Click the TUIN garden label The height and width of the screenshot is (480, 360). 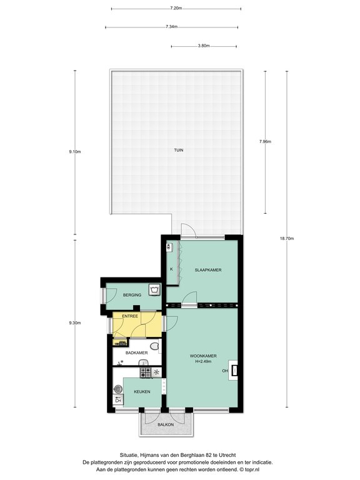coord(179,150)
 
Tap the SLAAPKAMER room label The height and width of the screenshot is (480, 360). coord(208,270)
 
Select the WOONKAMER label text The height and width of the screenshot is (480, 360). coord(203,356)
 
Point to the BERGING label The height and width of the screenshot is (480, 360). coord(132,295)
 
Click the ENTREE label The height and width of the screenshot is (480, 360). coord(130,316)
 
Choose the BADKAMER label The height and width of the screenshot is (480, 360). coord(136,352)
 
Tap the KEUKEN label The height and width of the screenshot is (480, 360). coord(142,391)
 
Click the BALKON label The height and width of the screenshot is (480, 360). coord(166,424)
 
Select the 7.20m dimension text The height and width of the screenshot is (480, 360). coord(176,8)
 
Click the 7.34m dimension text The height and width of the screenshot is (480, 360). coord(172,27)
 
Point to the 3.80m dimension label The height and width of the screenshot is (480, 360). coord(204,46)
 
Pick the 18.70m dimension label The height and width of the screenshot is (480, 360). coord(287,239)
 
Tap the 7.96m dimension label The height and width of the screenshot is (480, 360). coord(265,142)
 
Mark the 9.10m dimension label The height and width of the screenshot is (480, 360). coord(75,151)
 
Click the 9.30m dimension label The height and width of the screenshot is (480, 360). coord(75,322)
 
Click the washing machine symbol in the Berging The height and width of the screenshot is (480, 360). coord(154,289)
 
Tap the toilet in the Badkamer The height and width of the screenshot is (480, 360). coord(155,346)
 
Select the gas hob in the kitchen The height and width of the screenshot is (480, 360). coord(146,372)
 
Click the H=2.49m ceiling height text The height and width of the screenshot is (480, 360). coord(203,361)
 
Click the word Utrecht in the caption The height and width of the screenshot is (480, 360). coord(228,455)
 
